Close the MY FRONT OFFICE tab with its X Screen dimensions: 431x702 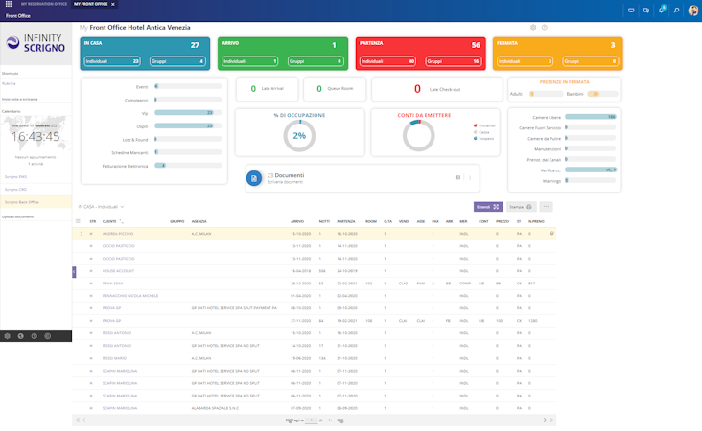coord(112,5)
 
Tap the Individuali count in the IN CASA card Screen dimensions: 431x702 coord(112,61)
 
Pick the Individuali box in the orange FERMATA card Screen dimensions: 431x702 coord(525,61)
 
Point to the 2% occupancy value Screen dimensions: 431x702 coord(299,136)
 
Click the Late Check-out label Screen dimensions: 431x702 coord(444,89)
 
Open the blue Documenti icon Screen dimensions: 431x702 coord(254,178)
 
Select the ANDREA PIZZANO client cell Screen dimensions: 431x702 coord(117,233)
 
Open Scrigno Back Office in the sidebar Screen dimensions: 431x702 coord(22,202)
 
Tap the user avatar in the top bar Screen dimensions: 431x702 coord(692,10)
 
